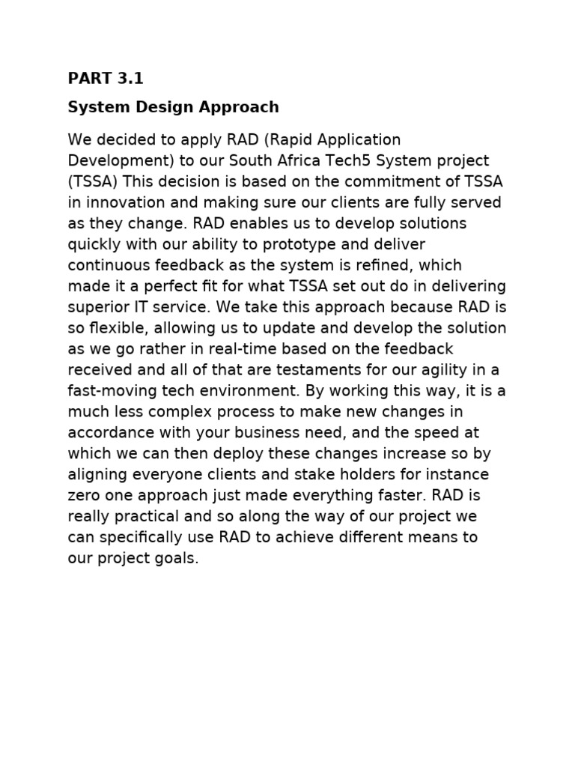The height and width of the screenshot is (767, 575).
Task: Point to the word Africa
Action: pos(317,161)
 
